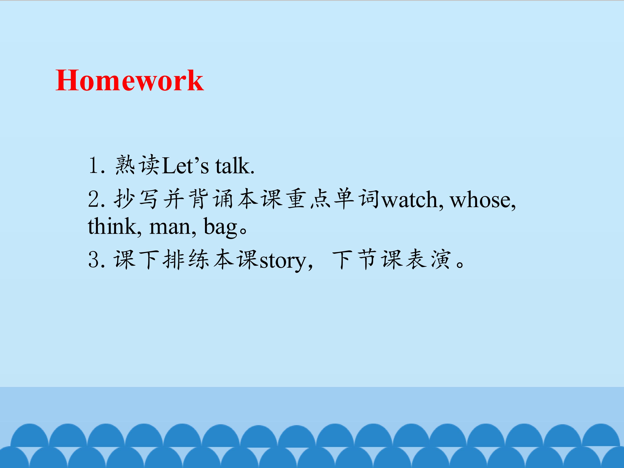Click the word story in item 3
(x=283, y=261)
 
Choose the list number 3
(x=94, y=260)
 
